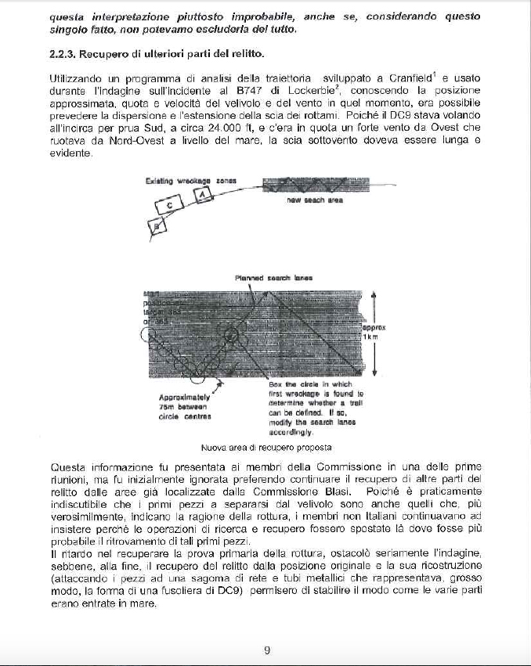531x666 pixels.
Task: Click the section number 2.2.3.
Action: tap(63, 54)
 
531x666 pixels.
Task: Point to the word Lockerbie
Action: tap(287, 92)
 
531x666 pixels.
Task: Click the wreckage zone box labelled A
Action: tap(202, 193)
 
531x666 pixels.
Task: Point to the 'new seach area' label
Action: tap(314, 200)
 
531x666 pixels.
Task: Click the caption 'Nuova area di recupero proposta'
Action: tap(266, 448)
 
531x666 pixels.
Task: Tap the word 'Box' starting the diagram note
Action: tap(275, 384)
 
